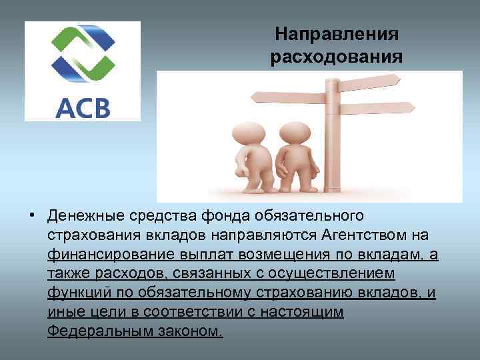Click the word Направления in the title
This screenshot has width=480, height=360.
point(337,33)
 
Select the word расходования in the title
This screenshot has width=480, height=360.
point(337,57)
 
